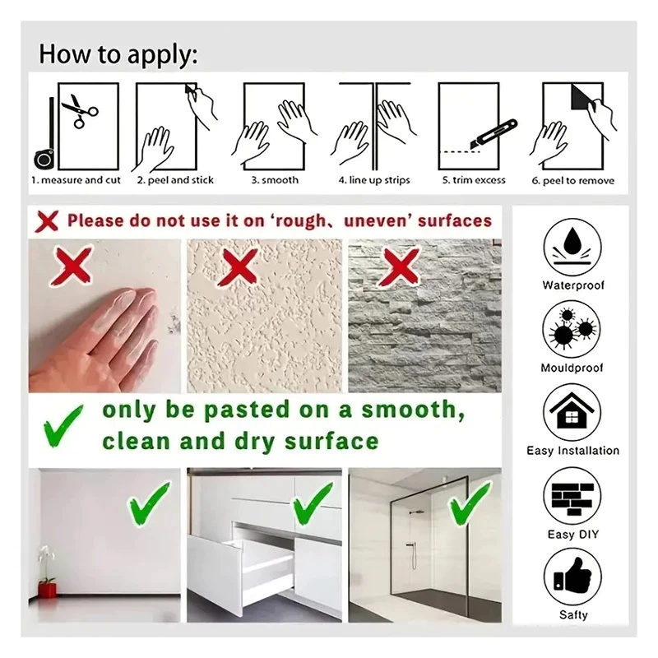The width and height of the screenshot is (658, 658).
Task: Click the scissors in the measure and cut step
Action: click(80, 111)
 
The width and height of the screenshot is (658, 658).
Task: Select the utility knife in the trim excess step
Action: click(493, 134)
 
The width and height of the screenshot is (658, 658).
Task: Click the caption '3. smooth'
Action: click(275, 180)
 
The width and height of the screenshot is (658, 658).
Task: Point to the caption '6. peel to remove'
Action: click(572, 181)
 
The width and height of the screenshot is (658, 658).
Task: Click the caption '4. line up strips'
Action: click(374, 180)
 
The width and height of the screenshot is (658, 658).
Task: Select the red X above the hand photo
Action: click(72, 266)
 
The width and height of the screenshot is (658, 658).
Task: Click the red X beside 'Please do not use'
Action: click(47, 221)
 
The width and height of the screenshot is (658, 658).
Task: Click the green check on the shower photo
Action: click(470, 503)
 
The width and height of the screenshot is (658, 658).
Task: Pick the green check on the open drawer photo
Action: click(313, 503)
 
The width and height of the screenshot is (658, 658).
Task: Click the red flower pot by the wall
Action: click(47, 588)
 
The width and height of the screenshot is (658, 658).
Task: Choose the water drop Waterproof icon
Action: click(572, 248)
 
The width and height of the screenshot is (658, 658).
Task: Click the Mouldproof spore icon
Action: click(572, 330)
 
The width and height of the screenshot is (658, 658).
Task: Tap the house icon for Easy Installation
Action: click(572, 412)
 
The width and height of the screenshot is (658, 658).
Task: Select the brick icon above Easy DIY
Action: click(572, 497)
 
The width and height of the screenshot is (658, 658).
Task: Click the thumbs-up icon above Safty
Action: click(572, 577)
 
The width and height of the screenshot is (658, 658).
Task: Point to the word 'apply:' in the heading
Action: click(162, 55)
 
